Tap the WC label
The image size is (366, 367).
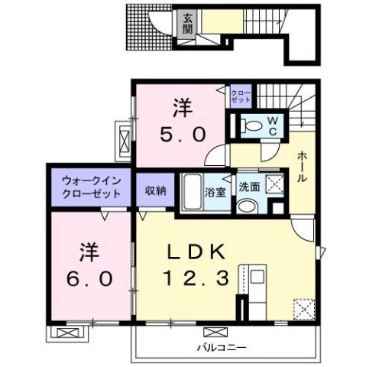[271, 124]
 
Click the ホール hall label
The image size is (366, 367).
[303, 167]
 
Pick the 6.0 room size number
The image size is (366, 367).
[81, 273]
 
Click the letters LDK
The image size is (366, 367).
[194, 252]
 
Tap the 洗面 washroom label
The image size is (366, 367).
[249, 185]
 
